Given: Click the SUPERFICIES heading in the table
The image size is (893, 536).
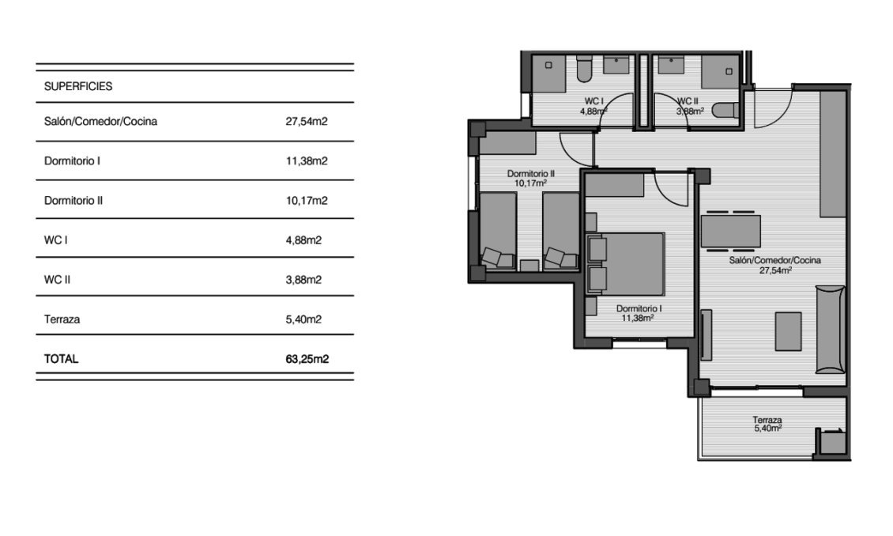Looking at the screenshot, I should pyautogui.click(x=78, y=87).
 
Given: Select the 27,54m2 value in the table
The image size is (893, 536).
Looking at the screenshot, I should pyautogui.click(x=307, y=122).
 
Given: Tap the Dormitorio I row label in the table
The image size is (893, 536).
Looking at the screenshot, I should pyautogui.click(x=72, y=161).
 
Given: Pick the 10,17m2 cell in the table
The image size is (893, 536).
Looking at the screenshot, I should pyautogui.click(x=307, y=201).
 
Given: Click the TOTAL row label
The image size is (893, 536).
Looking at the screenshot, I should pyautogui.click(x=62, y=359).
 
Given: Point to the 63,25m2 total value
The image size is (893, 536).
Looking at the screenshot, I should pyautogui.click(x=307, y=359).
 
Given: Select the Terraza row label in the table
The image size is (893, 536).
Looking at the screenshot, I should pyautogui.click(x=62, y=319).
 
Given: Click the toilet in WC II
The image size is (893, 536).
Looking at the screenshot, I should pyautogui.click(x=724, y=111).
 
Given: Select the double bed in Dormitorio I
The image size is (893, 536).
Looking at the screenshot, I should pyautogui.click(x=630, y=264).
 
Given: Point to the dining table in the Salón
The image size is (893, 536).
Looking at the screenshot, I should pyautogui.click(x=731, y=231).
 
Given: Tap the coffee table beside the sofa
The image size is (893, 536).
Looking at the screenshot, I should pyautogui.click(x=788, y=331).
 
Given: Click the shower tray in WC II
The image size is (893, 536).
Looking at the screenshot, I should pyautogui.click(x=722, y=73).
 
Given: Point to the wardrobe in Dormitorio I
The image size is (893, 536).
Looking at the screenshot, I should pyautogui.click(x=615, y=185).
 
